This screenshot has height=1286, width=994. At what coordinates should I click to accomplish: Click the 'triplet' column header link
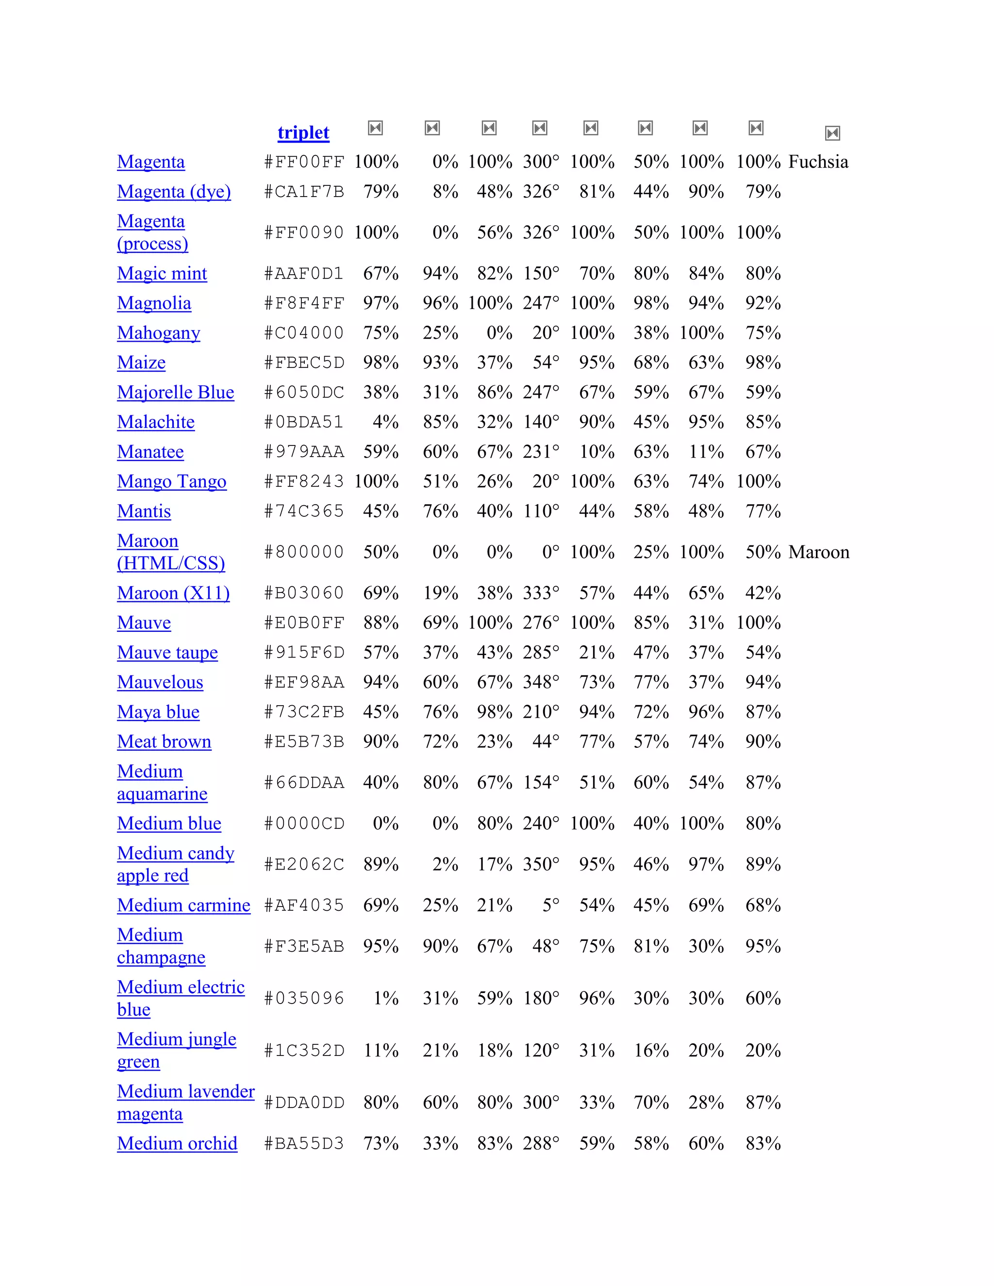pyautogui.click(x=303, y=132)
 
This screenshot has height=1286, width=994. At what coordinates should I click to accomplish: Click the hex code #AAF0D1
pyautogui.click(x=303, y=273)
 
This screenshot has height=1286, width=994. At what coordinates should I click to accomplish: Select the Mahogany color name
pyautogui.click(x=158, y=333)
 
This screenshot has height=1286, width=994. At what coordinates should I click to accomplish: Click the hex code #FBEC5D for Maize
pyautogui.click(x=303, y=362)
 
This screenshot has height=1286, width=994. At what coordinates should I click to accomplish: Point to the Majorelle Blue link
pyautogui.click(x=176, y=392)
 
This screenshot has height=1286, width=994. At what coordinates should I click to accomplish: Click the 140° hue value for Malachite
pyautogui.click(x=541, y=422)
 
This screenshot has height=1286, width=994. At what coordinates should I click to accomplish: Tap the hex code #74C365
pyautogui.click(x=303, y=511)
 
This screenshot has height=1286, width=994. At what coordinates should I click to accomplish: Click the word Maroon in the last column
pyautogui.click(x=818, y=552)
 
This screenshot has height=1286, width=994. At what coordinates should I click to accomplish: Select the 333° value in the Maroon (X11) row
pyautogui.click(x=541, y=593)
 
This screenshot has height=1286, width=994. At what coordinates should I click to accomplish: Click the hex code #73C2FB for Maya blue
pyautogui.click(x=303, y=712)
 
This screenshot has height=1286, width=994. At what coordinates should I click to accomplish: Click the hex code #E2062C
pyautogui.click(x=303, y=864)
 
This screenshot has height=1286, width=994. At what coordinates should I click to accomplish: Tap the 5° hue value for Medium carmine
pyautogui.click(x=550, y=905)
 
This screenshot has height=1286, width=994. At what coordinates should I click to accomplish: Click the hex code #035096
pyautogui.click(x=303, y=998)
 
